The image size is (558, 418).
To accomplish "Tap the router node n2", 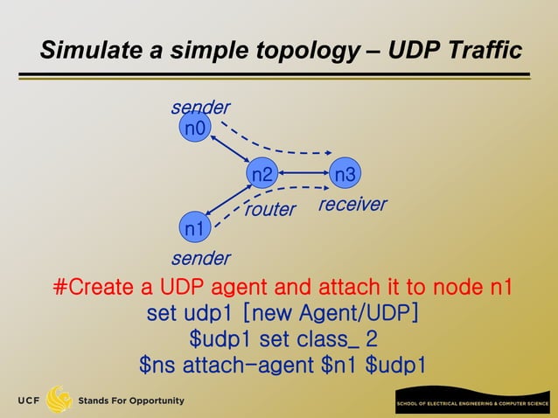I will pos(262,175).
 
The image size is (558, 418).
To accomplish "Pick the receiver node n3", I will pos(345,175).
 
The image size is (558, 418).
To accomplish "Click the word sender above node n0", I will pos(200,108).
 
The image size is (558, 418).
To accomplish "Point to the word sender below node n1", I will pos(200,258).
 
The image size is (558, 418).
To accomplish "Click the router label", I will pos(269,210).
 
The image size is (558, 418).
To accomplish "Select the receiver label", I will pos(352,204).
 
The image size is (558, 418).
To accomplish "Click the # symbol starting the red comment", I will pos(61,288).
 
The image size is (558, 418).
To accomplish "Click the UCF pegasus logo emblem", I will pos(59,400).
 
